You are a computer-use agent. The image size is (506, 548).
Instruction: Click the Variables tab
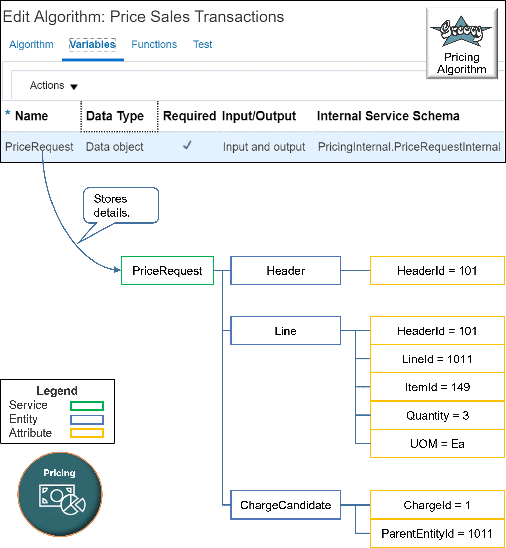[92, 44]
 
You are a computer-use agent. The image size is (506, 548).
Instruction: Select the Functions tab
[154, 44]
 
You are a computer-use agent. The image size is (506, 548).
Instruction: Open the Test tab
[202, 44]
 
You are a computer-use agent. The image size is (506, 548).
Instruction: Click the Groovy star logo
[461, 32]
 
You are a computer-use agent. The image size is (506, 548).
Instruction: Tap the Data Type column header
[115, 116]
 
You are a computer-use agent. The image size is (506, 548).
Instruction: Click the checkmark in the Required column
[187, 145]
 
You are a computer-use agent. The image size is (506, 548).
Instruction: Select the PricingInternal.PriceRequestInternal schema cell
[409, 147]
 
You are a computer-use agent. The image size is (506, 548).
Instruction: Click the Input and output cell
[263, 147]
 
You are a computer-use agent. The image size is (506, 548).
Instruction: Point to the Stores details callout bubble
[121, 205]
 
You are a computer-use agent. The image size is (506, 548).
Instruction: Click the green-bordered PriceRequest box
[167, 270]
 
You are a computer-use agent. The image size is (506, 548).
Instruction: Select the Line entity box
[285, 331]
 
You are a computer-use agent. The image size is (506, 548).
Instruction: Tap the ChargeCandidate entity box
[285, 505]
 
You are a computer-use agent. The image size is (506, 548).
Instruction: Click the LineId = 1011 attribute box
[437, 359]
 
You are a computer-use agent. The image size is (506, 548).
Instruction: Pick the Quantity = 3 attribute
[437, 415]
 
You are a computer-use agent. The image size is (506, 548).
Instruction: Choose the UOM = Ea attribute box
[437, 443]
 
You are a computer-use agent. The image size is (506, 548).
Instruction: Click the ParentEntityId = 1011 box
[437, 533]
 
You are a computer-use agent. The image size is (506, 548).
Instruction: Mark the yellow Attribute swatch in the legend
[87, 433]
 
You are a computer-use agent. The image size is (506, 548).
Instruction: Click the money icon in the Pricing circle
[62, 499]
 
